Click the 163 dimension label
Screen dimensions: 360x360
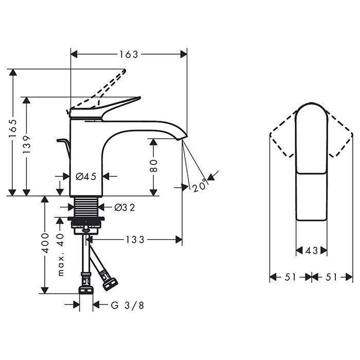tap(129, 55)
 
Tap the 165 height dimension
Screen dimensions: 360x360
tap(13, 129)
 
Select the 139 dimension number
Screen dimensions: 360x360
tap(27, 145)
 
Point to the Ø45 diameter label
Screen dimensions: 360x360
tap(86, 176)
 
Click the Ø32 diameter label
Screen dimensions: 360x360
tap(124, 207)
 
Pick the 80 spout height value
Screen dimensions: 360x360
tap(154, 166)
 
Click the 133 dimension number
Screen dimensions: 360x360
tap(135, 240)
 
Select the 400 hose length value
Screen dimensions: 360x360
tap(45, 243)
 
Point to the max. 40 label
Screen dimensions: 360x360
tap(60, 255)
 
